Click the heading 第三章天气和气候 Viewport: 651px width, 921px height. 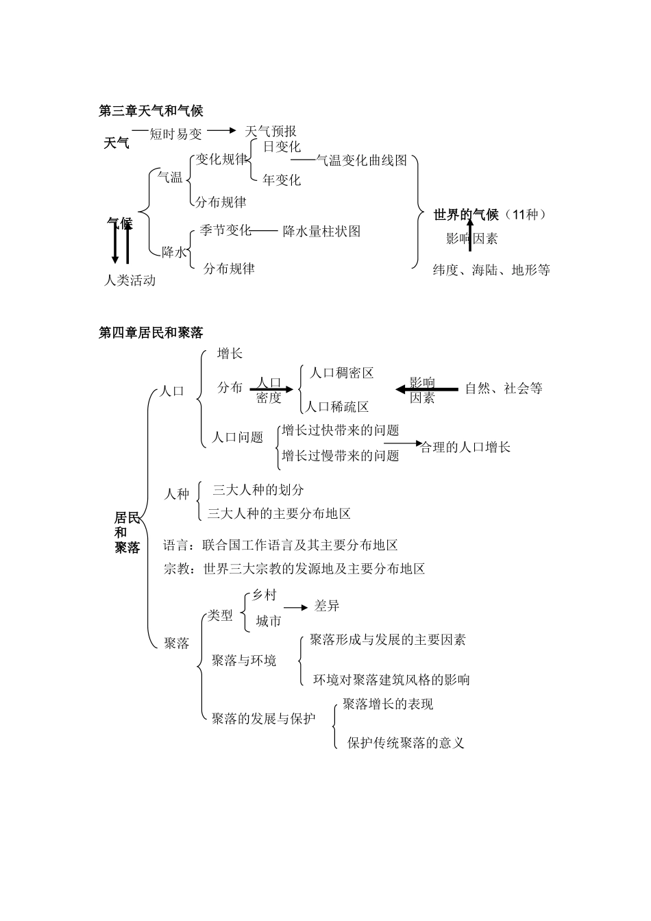[x=151, y=110]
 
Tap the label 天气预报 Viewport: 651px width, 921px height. [x=270, y=131]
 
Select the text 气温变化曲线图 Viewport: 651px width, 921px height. [x=361, y=160]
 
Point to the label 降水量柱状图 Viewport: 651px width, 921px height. [x=321, y=231]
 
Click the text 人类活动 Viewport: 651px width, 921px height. [x=130, y=280]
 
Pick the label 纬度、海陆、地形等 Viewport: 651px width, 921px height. [x=491, y=269]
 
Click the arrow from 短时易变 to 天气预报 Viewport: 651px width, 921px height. [x=221, y=130]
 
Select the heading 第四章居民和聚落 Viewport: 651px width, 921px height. [x=151, y=333]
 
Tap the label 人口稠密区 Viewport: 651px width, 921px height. [x=341, y=373]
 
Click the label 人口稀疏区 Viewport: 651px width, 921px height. [x=336, y=406]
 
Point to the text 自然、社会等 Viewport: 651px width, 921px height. [x=504, y=389]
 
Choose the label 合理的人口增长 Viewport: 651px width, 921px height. [x=465, y=447]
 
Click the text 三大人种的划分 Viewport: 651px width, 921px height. [x=258, y=490]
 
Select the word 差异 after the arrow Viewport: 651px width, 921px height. [x=327, y=606]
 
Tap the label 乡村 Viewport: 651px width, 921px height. [x=264, y=595]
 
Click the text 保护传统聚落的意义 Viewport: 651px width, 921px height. [x=406, y=743]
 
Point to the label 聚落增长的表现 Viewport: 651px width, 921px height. [x=388, y=704]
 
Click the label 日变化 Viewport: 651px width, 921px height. [x=282, y=147]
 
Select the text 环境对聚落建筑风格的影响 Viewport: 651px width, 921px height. [x=391, y=680]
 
